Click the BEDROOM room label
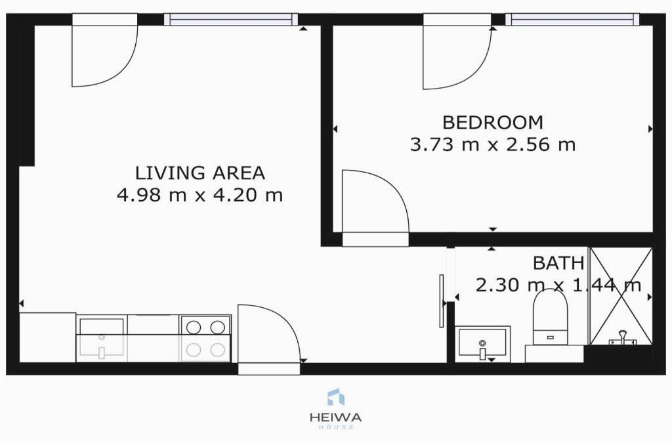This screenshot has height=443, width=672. tap(492, 123)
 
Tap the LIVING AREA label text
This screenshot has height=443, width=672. tap(200, 173)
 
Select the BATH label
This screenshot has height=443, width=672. tap(558, 263)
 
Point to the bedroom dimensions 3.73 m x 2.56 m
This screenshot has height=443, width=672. tap(492, 144)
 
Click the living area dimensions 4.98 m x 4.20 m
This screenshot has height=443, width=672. tap(200, 195)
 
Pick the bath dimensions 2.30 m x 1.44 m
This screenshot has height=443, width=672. tap(558, 285)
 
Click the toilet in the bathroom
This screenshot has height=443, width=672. tap(551, 317)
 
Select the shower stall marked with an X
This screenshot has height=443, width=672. tap(621, 296)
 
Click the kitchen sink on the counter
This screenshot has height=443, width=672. tap(102, 339)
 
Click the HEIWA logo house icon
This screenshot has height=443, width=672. tap(335, 396)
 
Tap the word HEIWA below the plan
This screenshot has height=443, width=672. tap(335, 417)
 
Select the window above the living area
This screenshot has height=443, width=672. tap(231, 20)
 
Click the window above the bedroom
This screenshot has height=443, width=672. tap(572, 20)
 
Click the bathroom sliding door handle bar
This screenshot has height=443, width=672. tap(441, 301)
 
